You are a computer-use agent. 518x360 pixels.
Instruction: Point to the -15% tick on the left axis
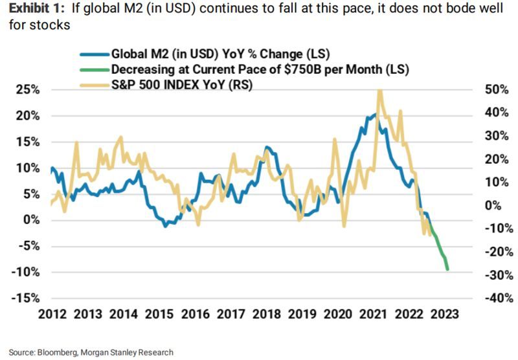click(25, 298)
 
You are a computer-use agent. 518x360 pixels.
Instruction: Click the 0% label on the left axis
click(31, 219)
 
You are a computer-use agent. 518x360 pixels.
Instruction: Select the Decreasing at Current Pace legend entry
click(246, 69)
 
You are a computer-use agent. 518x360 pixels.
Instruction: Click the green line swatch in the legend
click(95, 69)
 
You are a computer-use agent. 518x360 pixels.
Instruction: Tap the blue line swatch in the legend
click(95, 55)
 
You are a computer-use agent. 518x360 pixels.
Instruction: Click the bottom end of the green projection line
click(447, 269)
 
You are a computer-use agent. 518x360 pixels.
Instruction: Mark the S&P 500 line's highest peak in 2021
click(379, 91)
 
